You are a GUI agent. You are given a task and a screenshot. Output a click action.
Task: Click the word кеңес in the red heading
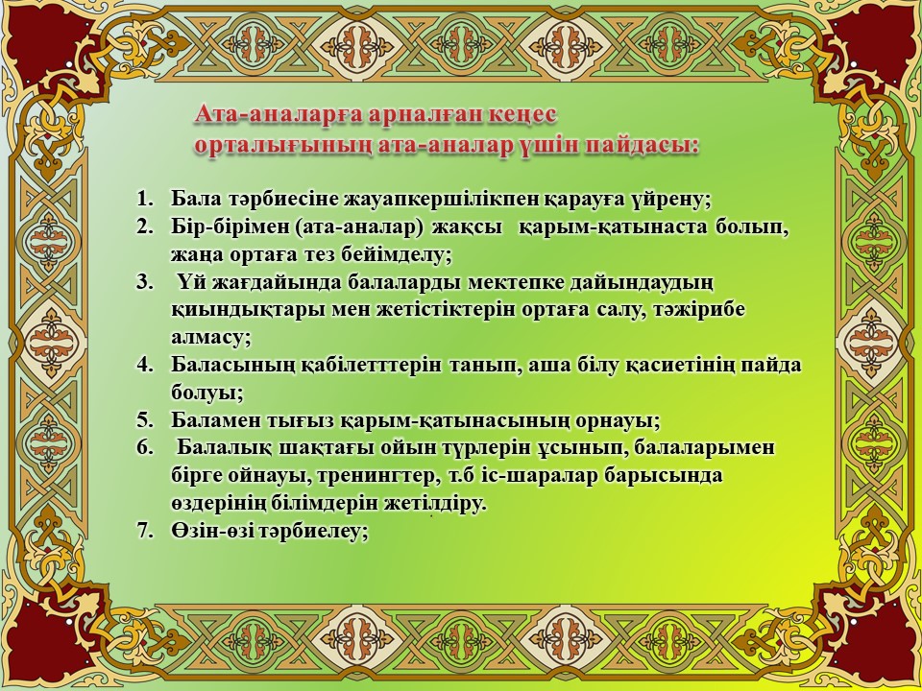(x=521, y=114)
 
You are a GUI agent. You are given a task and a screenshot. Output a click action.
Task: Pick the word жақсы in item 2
(x=468, y=228)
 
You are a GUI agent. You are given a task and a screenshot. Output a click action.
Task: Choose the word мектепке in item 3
(x=517, y=282)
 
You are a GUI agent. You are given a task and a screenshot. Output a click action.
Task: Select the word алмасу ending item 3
(x=211, y=337)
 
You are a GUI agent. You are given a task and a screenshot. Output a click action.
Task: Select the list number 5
(x=145, y=420)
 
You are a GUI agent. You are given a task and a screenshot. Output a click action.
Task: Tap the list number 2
(x=145, y=228)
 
